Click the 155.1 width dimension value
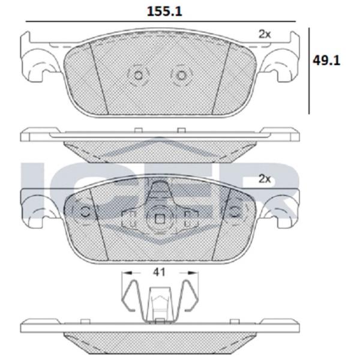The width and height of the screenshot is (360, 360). tap(164, 11)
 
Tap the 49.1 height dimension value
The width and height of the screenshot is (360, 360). tap(326, 61)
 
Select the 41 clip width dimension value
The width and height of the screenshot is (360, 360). tap(159, 272)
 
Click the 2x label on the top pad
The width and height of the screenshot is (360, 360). tap(265, 34)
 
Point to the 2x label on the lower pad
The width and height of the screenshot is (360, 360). tap(265, 179)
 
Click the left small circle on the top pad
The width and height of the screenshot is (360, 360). tap(138, 76)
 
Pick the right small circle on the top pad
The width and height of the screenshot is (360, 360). tap(181, 76)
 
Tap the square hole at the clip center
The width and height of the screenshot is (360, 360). tap(160, 219)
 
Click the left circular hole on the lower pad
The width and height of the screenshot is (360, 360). tap(85, 211)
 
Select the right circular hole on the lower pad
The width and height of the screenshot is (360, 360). tap(235, 211)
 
